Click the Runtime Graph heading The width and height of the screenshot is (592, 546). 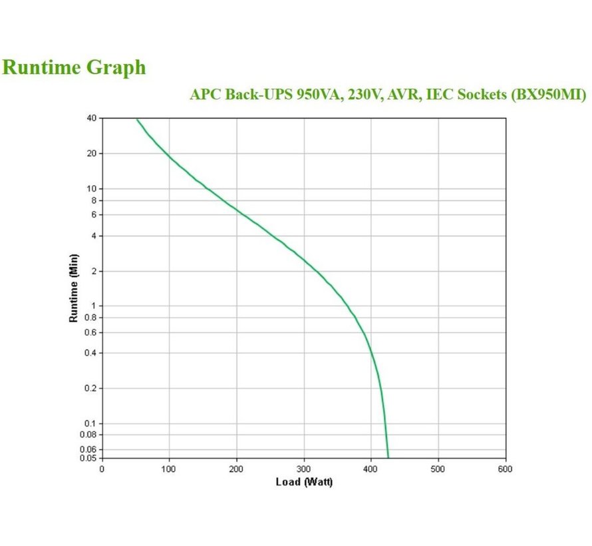[x=74, y=67]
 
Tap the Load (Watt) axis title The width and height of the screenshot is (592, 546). [x=304, y=481]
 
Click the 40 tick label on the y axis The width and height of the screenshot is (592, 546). [x=92, y=119]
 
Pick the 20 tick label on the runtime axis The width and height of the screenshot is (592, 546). [x=92, y=153]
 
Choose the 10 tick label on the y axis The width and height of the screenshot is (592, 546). [x=92, y=188]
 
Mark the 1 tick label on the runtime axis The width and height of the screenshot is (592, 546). [x=94, y=306]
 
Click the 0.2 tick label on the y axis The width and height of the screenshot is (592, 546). [x=90, y=388]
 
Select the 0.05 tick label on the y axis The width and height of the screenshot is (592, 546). [x=88, y=458]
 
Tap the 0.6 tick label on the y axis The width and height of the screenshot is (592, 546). [x=90, y=332]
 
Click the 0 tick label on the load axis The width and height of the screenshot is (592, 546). [x=102, y=469]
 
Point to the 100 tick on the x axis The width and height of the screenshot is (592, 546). [x=169, y=469]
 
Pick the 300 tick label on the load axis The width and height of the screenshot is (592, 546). [x=304, y=469]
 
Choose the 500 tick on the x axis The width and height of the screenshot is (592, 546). [x=438, y=469]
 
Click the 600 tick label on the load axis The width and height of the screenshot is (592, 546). [x=506, y=469]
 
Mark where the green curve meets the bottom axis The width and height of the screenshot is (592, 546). [x=388, y=457]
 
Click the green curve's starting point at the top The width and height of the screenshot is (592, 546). [x=137, y=119]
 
